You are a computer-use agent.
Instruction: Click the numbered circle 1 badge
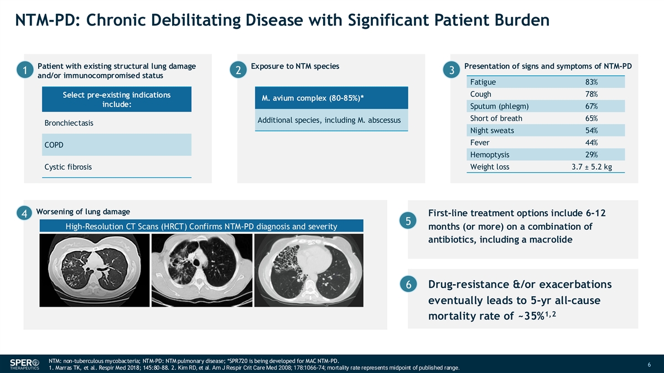pyautogui.click(x=25, y=70)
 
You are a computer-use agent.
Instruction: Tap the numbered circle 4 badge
pyautogui.click(x=24, y=213)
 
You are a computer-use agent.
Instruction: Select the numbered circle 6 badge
pyautogui.click(x=408, y=284)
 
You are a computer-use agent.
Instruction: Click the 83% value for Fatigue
pyautogui.click(x=592, y=82)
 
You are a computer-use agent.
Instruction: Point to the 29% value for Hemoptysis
pyautogui.click(x=592, y=155)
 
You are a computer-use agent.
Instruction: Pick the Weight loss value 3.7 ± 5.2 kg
pyautogui.click(x=592, y=167)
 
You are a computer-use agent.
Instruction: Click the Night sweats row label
pyautogui.click(x=492, y=130)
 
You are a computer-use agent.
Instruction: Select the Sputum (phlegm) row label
pyautogui.click(x=500, y=106)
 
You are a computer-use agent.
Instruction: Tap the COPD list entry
pyautogui.click(x=54, y=145)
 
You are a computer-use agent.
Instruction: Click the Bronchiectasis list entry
pyautogui.click(x=69, y=123)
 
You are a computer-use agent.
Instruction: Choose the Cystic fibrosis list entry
pyautogui.click(x=68, y=167)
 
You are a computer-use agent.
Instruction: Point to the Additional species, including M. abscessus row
pyautogui.click(x=329, y=120)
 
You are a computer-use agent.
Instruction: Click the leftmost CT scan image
pyautogui.click(x=95, y=270)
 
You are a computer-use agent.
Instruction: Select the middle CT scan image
pyautogui.click(x=202, y=270)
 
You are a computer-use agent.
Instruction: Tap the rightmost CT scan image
pyautogui.click(x=309, y=270)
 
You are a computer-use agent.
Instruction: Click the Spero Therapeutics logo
pyautogui.click(x=24, y=364)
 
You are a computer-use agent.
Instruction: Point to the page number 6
pyautogui.click(x=649, y=364)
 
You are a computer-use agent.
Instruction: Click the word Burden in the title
pyautogui.click(x=522, y=20)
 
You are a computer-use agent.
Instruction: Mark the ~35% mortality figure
pyautogui.click(x=531, y=316)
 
